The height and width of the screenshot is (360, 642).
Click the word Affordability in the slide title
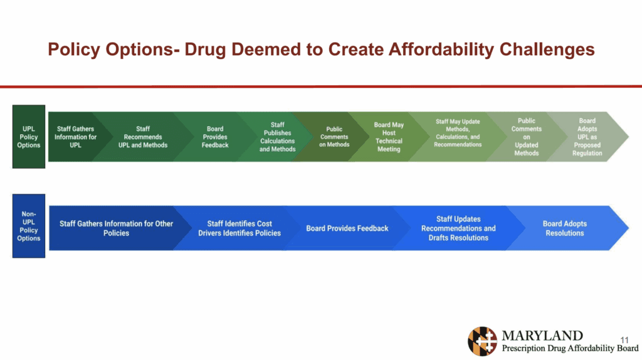[441, 50]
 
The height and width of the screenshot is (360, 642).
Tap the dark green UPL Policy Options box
[29, 136]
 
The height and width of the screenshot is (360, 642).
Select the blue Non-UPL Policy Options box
[29, 226]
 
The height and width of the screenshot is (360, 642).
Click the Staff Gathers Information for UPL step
[75, 137]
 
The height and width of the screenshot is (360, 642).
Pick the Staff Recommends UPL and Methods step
[143, 137]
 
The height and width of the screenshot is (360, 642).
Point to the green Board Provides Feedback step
[215, 137]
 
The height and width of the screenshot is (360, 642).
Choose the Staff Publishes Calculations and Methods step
[277, 137]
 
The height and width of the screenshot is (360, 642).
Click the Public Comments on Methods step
[334, 137]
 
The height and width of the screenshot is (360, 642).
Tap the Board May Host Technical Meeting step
[389, 137]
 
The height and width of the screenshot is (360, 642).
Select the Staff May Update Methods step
[458, 133]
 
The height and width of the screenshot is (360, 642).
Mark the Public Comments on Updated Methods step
[527, 137]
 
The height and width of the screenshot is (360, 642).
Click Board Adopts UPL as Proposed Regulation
[587, 137]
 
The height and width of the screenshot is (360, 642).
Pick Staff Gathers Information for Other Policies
[116, 228]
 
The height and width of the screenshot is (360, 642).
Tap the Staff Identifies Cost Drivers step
[239, 228]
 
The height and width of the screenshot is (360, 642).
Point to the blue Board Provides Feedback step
[347, 228]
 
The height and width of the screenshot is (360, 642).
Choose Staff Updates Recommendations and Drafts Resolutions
[458, 228]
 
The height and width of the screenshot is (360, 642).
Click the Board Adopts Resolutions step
[565, 228]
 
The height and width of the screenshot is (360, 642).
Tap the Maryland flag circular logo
[482, 341]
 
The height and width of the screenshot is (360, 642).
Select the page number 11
[624, 340]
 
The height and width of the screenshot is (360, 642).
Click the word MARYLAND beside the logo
[542, 336]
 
